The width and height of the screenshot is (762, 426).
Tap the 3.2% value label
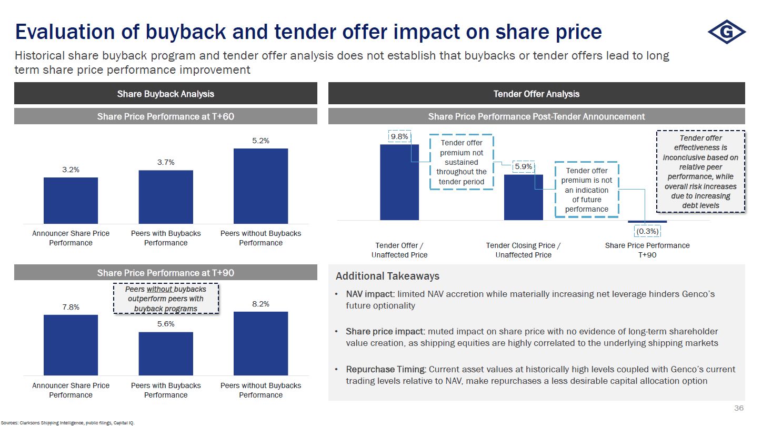71,170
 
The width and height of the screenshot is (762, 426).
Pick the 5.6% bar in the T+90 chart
166,353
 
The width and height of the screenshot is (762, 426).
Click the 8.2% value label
260,304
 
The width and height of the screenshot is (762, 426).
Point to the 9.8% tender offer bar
399,182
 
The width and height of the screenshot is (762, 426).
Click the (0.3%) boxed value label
647,231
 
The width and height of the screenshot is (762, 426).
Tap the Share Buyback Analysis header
165,94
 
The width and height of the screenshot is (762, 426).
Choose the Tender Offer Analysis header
536,94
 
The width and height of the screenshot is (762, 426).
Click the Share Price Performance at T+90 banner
165,273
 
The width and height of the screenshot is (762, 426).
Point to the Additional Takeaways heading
387,276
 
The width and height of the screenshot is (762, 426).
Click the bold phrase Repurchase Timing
386,369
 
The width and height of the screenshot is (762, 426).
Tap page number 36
739,409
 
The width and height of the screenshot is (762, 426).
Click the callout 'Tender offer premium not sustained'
461,162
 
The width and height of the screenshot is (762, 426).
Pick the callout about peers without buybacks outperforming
165,299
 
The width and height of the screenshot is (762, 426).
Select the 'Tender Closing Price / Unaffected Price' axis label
523,250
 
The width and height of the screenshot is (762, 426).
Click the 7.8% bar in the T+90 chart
71,345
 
